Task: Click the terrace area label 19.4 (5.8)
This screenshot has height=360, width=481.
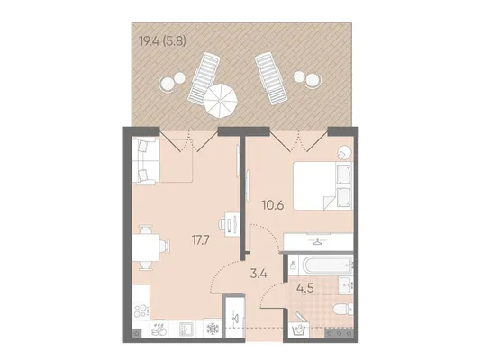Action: (162, 40)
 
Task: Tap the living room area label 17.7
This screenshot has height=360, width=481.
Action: (200, 240)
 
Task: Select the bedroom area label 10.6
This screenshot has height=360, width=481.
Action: (273, 205)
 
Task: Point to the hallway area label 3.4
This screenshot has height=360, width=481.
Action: (259, 274)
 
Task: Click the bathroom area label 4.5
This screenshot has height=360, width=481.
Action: (305, 288)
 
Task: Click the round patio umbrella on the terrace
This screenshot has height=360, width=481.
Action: (221, 101)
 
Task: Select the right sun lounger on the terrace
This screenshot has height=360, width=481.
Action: (271, 78)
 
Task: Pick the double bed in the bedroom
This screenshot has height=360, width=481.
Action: (322, 185)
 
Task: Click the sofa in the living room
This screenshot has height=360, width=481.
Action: (146, 161)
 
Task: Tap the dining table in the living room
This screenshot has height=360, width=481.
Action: (146, 247)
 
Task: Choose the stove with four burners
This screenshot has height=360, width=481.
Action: (141, 311)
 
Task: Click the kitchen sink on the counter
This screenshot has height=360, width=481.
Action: (186, 329)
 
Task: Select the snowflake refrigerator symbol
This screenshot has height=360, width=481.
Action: (213, 329)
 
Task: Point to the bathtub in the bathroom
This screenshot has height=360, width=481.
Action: (327, 265)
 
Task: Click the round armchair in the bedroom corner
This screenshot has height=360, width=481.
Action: (343, 152)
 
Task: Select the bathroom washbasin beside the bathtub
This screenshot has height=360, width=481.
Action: (346, 285)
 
